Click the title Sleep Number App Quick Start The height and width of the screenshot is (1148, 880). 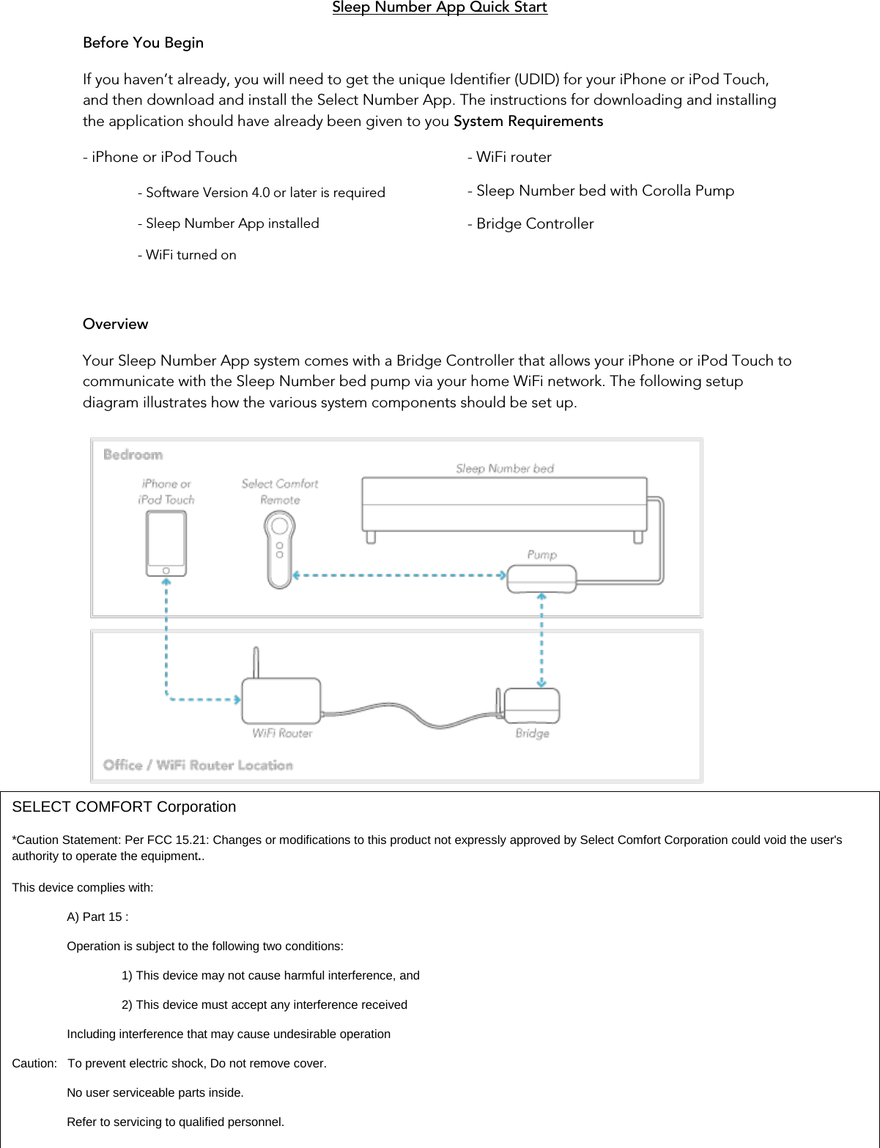(440, 8)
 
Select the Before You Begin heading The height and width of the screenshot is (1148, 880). (143, 43)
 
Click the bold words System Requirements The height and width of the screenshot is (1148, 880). (528, 122)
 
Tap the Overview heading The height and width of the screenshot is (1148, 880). (115, 325)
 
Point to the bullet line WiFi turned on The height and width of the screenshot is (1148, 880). (187, 256)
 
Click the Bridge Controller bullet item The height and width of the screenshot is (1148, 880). (530, 224)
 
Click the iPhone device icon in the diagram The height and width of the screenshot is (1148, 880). (166, 544)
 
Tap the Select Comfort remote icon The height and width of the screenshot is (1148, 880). (280, 549)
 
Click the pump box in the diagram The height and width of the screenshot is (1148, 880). (541, 578)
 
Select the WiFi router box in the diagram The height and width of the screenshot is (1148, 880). (281, 701)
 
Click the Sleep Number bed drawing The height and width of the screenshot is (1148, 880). (504, 506)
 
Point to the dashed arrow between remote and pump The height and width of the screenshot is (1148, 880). (399, 576)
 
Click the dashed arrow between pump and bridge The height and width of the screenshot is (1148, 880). (541, 641)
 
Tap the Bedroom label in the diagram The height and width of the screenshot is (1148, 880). (133, 455)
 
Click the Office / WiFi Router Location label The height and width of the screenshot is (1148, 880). (198, 766)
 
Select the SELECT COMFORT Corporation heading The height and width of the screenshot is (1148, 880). (124, 807)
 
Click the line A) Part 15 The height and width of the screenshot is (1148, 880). (97, 917)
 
